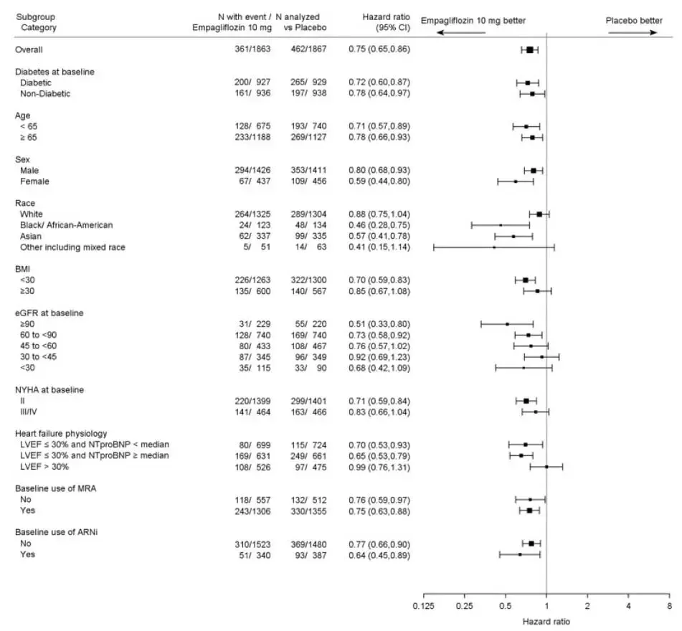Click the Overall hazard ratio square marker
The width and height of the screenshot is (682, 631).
coord(529,49)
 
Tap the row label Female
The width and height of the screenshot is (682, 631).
coord(34,181)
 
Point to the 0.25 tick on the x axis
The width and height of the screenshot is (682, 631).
coord(464,595)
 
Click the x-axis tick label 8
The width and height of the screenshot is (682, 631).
coord(668,607)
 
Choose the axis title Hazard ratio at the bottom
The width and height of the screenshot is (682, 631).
coord(546,622)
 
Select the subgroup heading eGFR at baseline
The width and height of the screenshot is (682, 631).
coord(49,313)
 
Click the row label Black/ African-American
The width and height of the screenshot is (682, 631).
coord(66,225)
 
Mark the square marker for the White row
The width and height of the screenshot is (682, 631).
coord(539,214)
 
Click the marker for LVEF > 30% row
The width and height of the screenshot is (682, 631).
coord(546,467)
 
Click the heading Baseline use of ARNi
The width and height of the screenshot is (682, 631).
coord(58,533)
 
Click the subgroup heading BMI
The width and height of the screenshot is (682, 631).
coord(23,270)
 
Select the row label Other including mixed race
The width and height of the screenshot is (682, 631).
coord(72,247)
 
